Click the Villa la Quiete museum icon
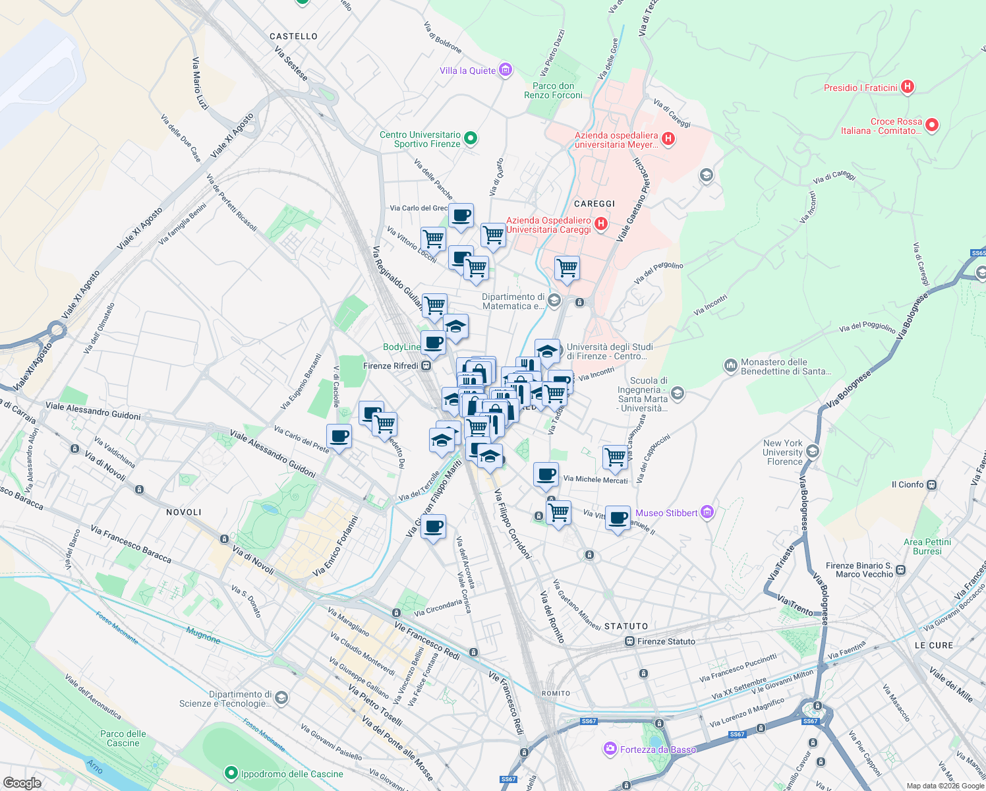point(506,70)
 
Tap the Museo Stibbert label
point(666,513)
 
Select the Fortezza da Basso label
point(657,749)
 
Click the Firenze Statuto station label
point(666,641)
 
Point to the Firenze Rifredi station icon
point(426,366)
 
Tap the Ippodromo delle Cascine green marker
point(231,773)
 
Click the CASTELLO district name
point(293,36)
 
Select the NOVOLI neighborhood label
point(184,512)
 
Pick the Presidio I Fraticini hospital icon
point(908,87)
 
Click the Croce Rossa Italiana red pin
point(932,125)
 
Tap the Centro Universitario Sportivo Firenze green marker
point(471,138)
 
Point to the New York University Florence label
point(784,452)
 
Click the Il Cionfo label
point(907,484)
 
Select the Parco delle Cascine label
point(123,738)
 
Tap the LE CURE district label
point(933,645)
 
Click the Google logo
point(22,782)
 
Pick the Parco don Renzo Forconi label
point(553,90)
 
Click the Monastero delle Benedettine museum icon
point(730,365)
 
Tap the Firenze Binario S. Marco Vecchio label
point(859,570)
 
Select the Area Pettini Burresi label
point(927,546)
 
